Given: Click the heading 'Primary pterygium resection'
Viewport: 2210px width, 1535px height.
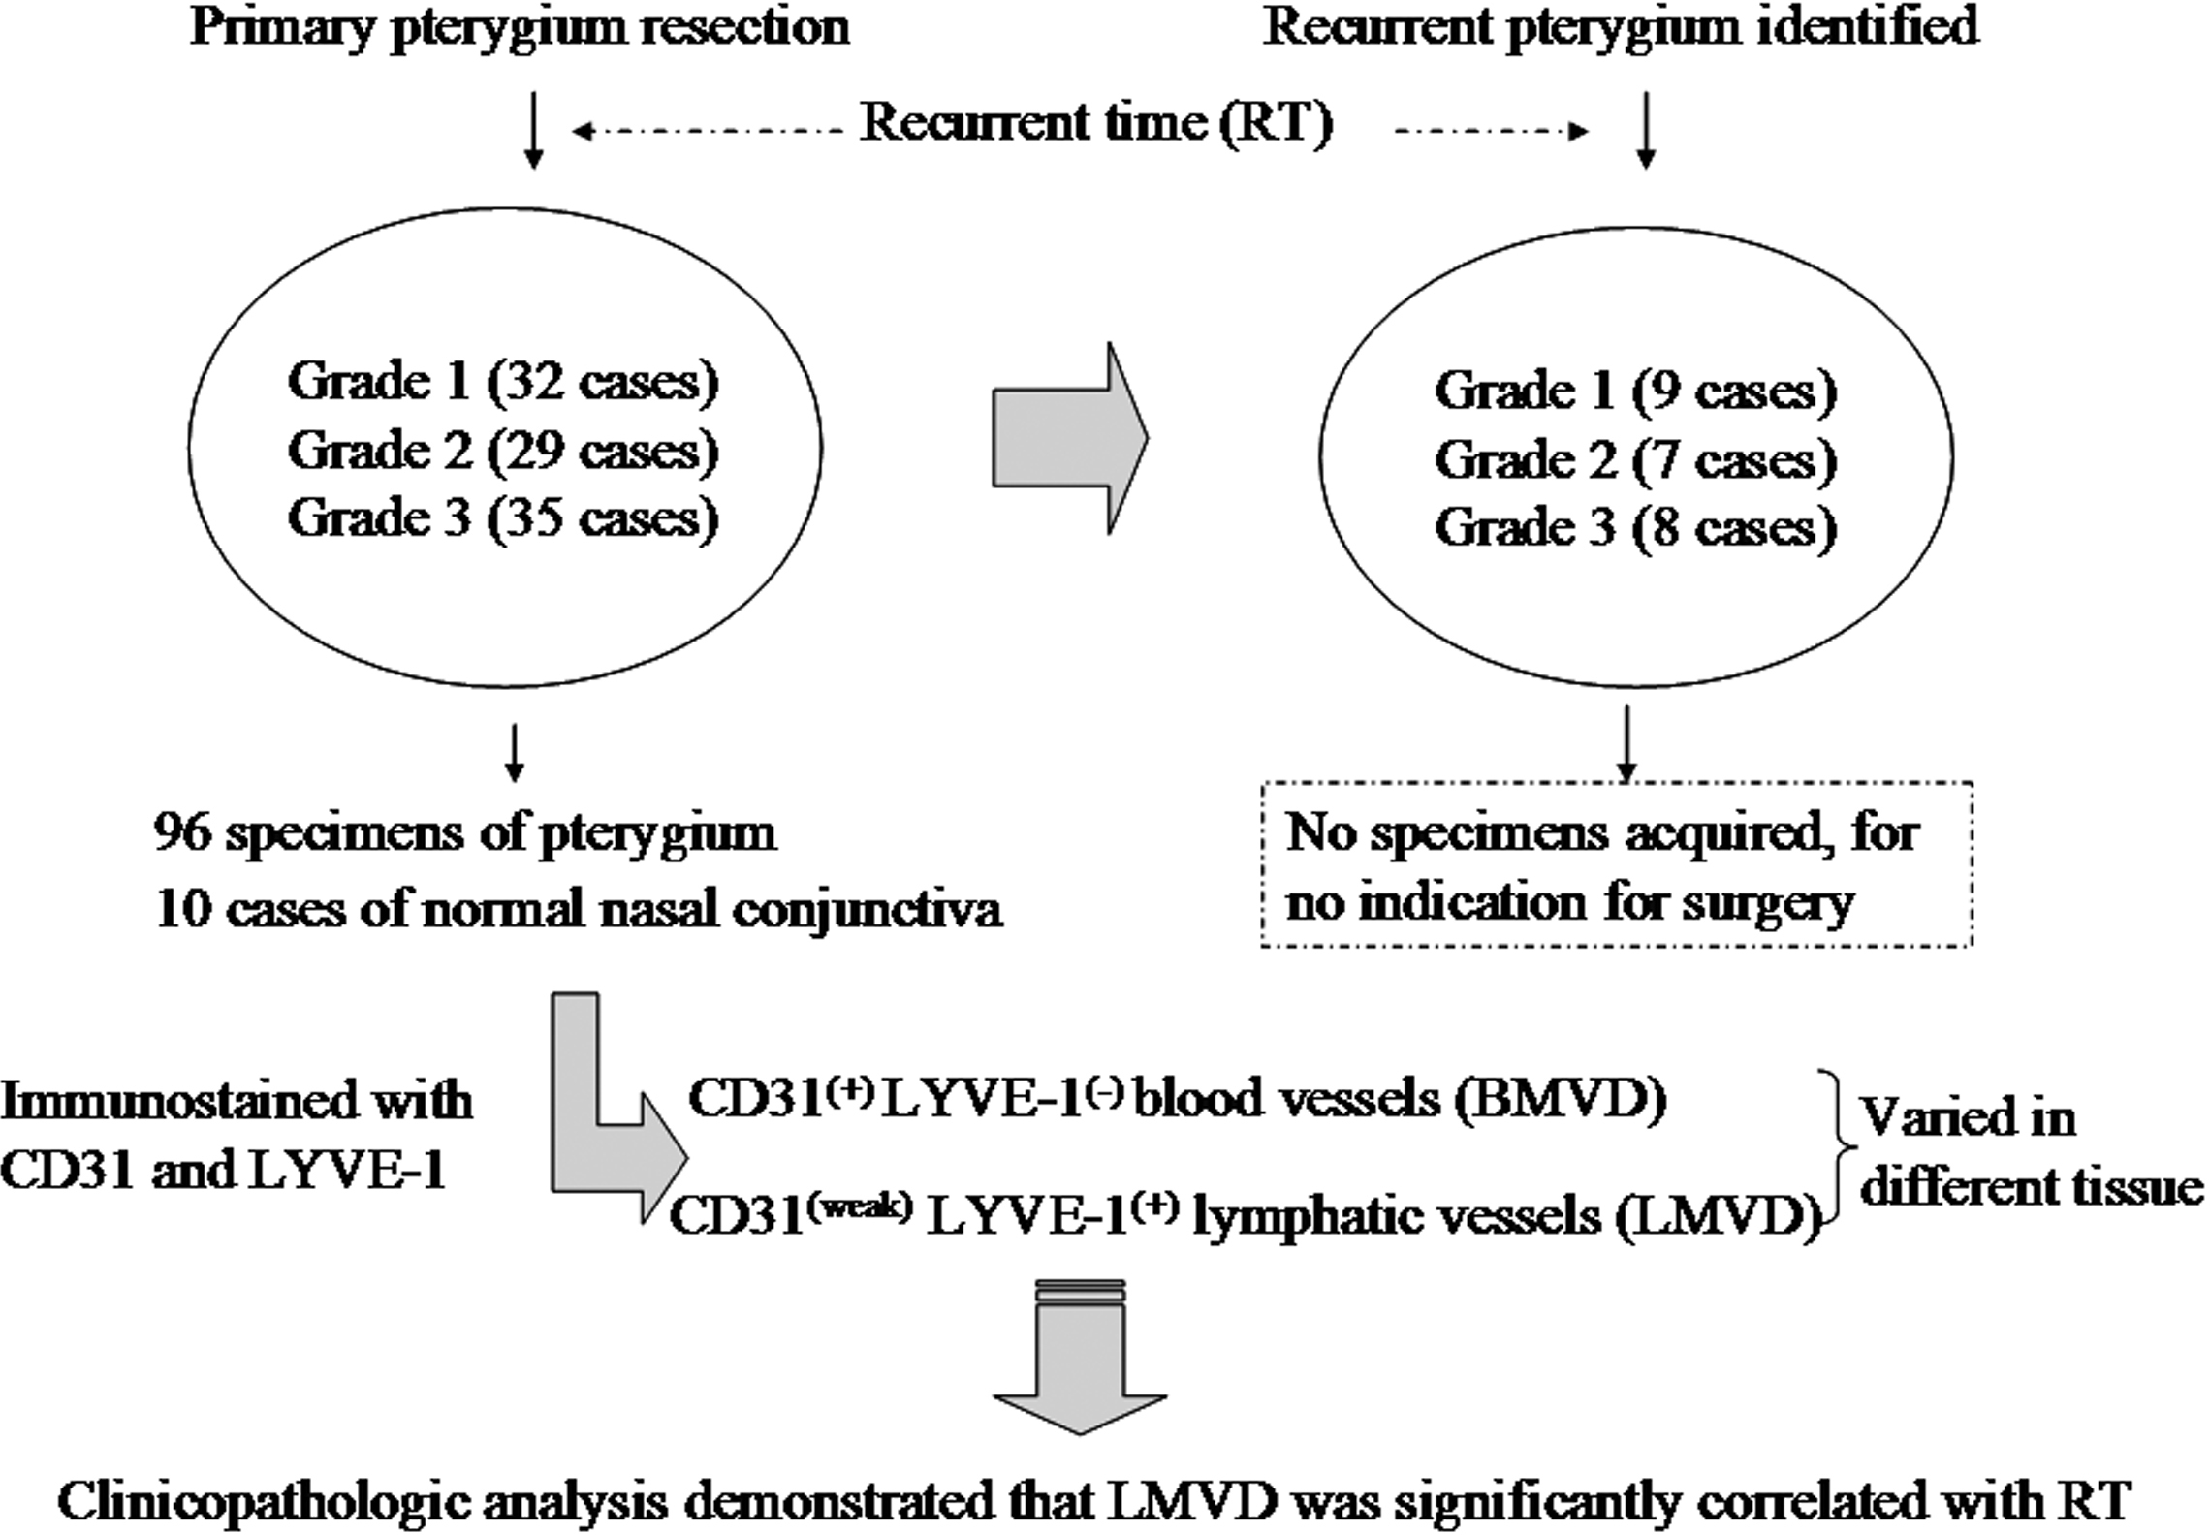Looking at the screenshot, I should coord(520,27).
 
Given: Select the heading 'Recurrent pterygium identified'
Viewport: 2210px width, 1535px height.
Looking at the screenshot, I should coord(1621,27).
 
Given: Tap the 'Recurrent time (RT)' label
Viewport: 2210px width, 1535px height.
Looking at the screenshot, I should coord(1095,124).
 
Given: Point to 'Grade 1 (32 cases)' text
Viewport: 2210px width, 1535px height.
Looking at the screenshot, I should coord(503,381).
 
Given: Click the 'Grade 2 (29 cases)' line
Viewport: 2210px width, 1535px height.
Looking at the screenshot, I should coord(503,450).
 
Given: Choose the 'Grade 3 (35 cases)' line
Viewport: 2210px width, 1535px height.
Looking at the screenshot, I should coord(503,517).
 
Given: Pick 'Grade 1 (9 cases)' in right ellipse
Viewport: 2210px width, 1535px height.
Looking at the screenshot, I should coord(1635,391).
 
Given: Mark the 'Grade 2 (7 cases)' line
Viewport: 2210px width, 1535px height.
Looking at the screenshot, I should coord(1635,459).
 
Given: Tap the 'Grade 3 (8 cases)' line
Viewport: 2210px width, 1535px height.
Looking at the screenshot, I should coord(1635,527).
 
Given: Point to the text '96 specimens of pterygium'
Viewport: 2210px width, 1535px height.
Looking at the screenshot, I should coord(465,833).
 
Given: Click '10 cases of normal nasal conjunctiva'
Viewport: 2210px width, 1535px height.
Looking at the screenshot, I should coord(579,909).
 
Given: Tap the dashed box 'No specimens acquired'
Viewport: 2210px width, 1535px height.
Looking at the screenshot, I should coord(1616,864).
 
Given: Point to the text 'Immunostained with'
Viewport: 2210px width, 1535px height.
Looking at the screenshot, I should coord(237,1102).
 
